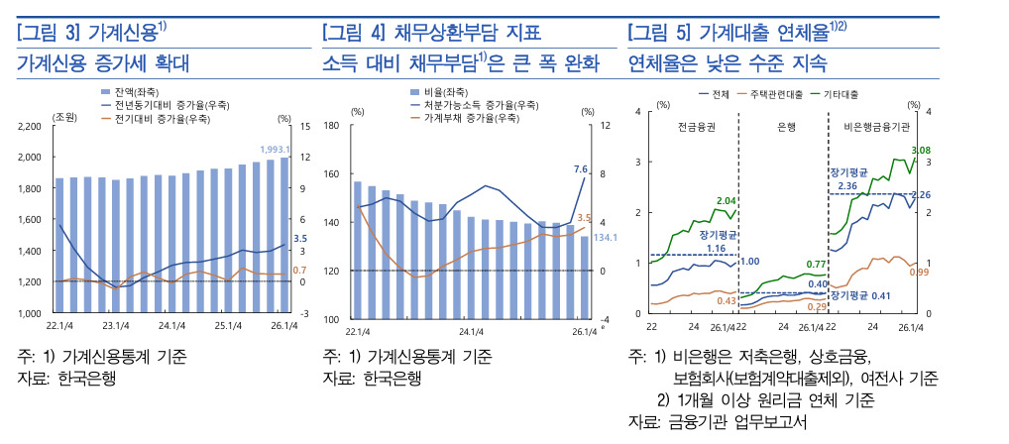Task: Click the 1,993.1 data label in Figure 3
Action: [x=276, y=150]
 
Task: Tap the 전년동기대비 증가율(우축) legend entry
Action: [x=165, y=105]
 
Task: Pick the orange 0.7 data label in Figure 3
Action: [x=300, y=271]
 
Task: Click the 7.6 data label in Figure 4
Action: [x=581, y=169]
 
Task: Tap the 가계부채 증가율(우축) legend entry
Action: [x=465, y=118]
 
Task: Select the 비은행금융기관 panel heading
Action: [x=876, y=127]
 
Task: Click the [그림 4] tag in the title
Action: [x=350, y=32]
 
